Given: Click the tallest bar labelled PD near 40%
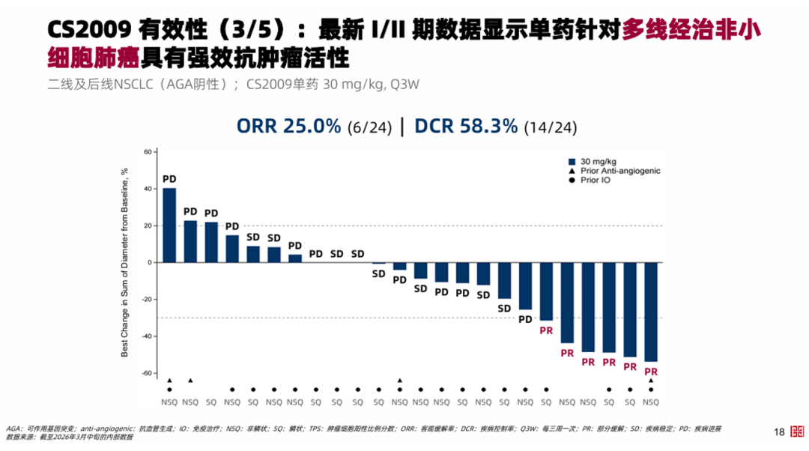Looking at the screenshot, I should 169,225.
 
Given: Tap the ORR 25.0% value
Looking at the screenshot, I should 289,126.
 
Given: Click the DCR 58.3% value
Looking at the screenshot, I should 466,126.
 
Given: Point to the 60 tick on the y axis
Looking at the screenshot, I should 148,152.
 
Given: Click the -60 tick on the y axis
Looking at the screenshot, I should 146,373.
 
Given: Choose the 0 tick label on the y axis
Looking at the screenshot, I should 150,263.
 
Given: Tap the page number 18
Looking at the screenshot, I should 779,432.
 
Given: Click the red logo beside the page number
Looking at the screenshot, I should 796,432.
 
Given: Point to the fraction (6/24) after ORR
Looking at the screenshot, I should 370,127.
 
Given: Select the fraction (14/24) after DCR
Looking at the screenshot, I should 551,127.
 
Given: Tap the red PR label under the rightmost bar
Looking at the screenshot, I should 651,372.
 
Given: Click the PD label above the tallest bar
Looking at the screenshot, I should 169,180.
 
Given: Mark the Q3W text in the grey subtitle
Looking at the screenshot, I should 403,84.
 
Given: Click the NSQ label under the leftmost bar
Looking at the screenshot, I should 169,402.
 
